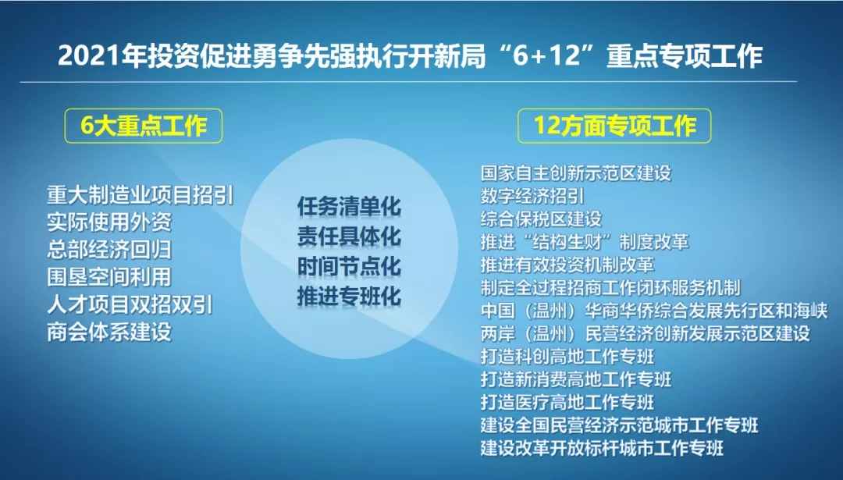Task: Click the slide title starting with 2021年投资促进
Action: coord(410,56)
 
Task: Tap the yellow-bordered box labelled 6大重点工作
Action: coord(144,126)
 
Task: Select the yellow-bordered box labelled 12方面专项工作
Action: coord(614,126)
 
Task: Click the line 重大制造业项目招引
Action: coord(140,195)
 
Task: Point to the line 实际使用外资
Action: coord(109,222)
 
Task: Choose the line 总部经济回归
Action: coord(109,250)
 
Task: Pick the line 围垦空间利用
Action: coord(109,277)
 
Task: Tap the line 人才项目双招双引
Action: coord(130,304)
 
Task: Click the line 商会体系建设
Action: coord(109,332)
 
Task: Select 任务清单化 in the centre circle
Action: coord(349,207)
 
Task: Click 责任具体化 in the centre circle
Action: coord(349,237)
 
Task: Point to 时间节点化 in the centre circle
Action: coord(349,267)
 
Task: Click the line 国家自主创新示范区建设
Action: coord(576,173)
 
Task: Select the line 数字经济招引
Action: coord(532,196)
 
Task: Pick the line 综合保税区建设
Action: coord(542,219)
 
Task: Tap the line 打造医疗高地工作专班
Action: coord(567,402)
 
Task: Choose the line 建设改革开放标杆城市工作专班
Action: coord(602,448)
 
